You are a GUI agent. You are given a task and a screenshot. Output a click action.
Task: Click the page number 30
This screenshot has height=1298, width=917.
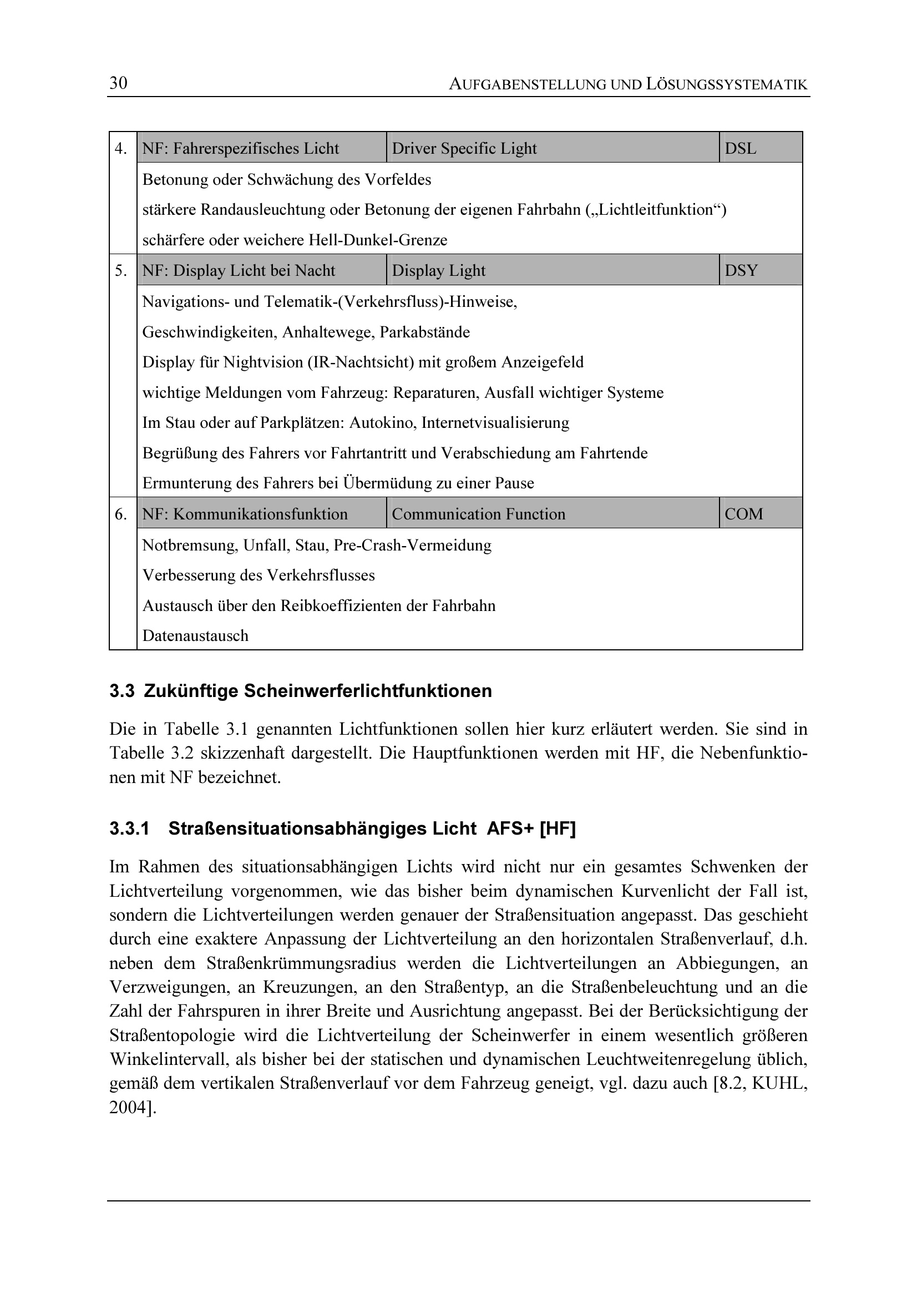click(118, 83)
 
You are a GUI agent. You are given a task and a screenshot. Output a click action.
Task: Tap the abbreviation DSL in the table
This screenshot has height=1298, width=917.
click(740, 148)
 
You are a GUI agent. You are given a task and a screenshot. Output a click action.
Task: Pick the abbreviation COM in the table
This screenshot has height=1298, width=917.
click(743, 514)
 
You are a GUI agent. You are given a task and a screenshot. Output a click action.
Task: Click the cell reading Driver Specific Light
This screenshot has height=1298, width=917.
click(464, 148)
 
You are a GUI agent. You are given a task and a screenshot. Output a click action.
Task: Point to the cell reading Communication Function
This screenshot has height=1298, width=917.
click(478, 514)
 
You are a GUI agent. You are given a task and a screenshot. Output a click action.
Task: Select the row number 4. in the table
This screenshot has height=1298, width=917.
click(121, 148)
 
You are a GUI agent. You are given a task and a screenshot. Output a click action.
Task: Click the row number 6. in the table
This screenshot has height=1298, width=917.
click(121, 514)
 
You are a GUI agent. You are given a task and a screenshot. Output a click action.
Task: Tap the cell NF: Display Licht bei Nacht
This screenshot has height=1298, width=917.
click(239, 270)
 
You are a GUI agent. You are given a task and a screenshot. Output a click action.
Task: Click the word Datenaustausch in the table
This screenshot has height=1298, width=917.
click(195, 635)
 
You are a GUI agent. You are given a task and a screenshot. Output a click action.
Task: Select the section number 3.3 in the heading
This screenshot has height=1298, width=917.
click(121, 691)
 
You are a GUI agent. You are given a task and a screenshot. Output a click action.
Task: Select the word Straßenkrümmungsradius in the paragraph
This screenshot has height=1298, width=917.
click(301, 963)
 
